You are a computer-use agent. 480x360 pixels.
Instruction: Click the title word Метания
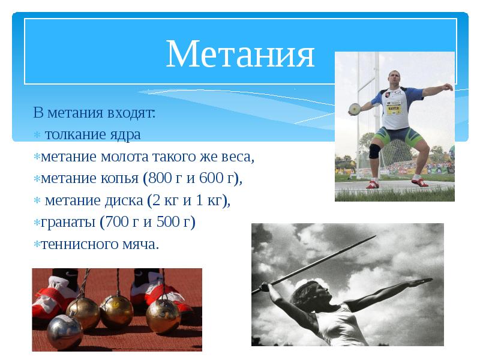click(240, 55)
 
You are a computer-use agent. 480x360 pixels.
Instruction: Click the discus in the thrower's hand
click(355, 109)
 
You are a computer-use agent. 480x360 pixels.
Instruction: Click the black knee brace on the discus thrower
click(374, 151)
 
